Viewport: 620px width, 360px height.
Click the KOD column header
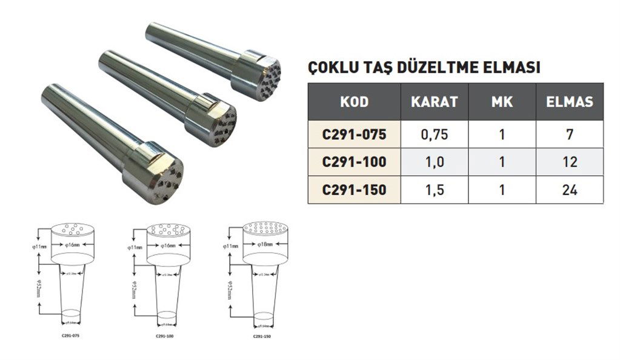(x=355, y=102)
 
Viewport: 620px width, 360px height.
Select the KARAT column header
(x=435, y=102)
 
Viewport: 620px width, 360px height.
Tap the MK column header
(x=502, y=102)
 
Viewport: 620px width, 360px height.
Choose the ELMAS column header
(x=569, y=102)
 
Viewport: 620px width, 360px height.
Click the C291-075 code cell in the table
(x=355, y=135)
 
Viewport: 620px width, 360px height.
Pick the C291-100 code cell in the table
(x=355, y=162)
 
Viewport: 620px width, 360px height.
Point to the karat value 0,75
(x=435, y=135)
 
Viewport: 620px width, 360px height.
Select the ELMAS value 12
(x=569, y=162)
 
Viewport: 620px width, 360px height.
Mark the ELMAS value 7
(x=569, y=135)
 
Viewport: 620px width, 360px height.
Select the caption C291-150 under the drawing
(x=262, y=335)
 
